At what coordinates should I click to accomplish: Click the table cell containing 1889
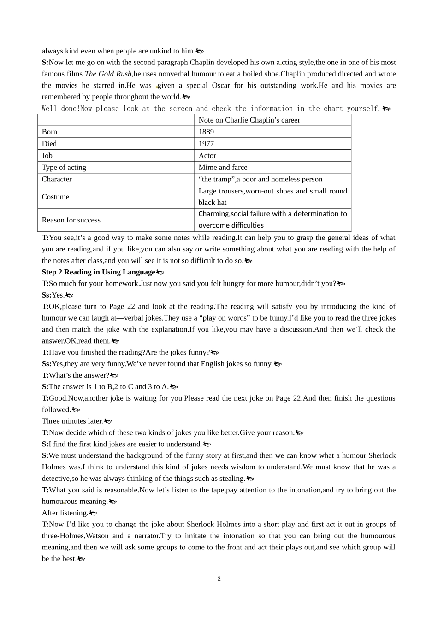(x=206, y=132)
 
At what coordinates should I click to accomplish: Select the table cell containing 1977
(x=206, y=144)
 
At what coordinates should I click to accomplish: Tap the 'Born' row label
(x=49, y=132)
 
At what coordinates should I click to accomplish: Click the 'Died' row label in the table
(x=49, y=144)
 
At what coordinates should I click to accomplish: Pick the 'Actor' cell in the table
(x=207, y=156)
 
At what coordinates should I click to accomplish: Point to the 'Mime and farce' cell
(x=223, y=168)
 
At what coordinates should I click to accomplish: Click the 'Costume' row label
(x=55, y=197)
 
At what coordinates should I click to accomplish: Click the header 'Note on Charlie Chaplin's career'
(x=249, y=120)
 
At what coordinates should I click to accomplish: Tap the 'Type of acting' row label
(x=64, y=168)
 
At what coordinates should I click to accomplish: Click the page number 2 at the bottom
(x=219, y=579)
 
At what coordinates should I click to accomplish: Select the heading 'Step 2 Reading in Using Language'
(x=99, y=272)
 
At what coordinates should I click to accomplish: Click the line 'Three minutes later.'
(x=72, y=421)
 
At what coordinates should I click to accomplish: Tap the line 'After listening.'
(x=65, y=513)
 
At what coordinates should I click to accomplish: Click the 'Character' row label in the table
(x=57, y=179)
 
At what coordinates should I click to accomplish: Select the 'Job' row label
(x=47, y=156)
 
